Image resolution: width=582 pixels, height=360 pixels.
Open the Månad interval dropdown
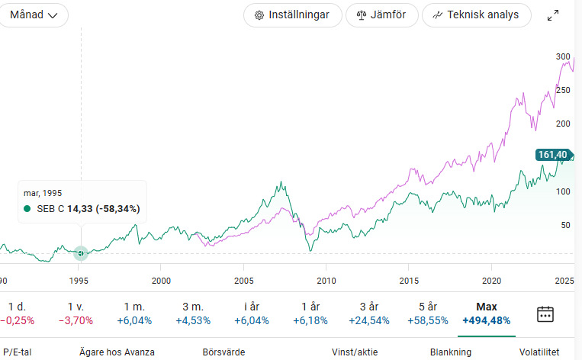click(34, 14)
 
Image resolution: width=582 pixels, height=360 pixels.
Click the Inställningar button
click(292, 14)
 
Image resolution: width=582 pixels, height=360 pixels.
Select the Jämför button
click(381, 14)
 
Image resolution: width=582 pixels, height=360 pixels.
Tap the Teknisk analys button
click(476, 14)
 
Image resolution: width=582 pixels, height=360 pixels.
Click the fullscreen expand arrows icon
click(554, 15)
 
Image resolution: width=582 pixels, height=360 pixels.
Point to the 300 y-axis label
click(563, 56)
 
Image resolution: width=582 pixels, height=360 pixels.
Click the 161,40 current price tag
click(553, 155)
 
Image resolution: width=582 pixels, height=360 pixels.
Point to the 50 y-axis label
click(565, 225)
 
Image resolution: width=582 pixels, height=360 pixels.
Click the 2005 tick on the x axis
click(244, 281)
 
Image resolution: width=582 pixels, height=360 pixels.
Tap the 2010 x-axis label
click(326, 281)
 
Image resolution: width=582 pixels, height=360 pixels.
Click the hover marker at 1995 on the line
click(80, 252)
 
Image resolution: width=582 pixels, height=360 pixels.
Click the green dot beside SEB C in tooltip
click(27, 208)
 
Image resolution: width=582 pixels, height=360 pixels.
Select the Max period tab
click(486, 313)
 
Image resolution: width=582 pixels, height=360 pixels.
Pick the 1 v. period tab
click(76, 313)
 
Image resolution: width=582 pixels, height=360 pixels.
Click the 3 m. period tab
click(193, 313)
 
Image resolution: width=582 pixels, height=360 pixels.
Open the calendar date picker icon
click(545, 313)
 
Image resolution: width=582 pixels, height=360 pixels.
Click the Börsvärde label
click(223, 352)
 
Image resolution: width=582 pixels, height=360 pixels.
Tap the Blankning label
click(451, 352)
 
